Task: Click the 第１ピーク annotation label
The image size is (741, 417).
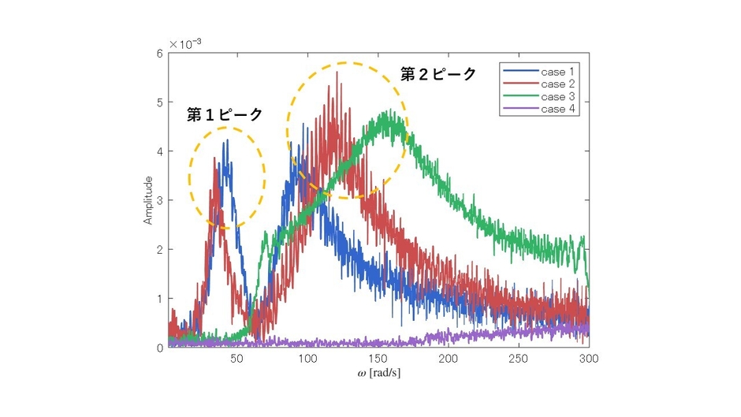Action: pos(224,115)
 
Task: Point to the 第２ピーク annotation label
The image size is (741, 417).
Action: pos(438,74)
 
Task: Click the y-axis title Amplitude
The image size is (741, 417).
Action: pos(147,200)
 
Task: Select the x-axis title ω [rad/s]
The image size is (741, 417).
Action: pos(379,373)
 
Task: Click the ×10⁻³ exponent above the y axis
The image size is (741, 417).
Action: pos(181,44)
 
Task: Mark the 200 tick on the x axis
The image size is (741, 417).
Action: pos(448,359)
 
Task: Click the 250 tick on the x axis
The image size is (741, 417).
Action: pos(519,359)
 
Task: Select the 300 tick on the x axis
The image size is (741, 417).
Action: pos(589,359)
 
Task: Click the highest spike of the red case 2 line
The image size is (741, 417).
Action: pos(337,73)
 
